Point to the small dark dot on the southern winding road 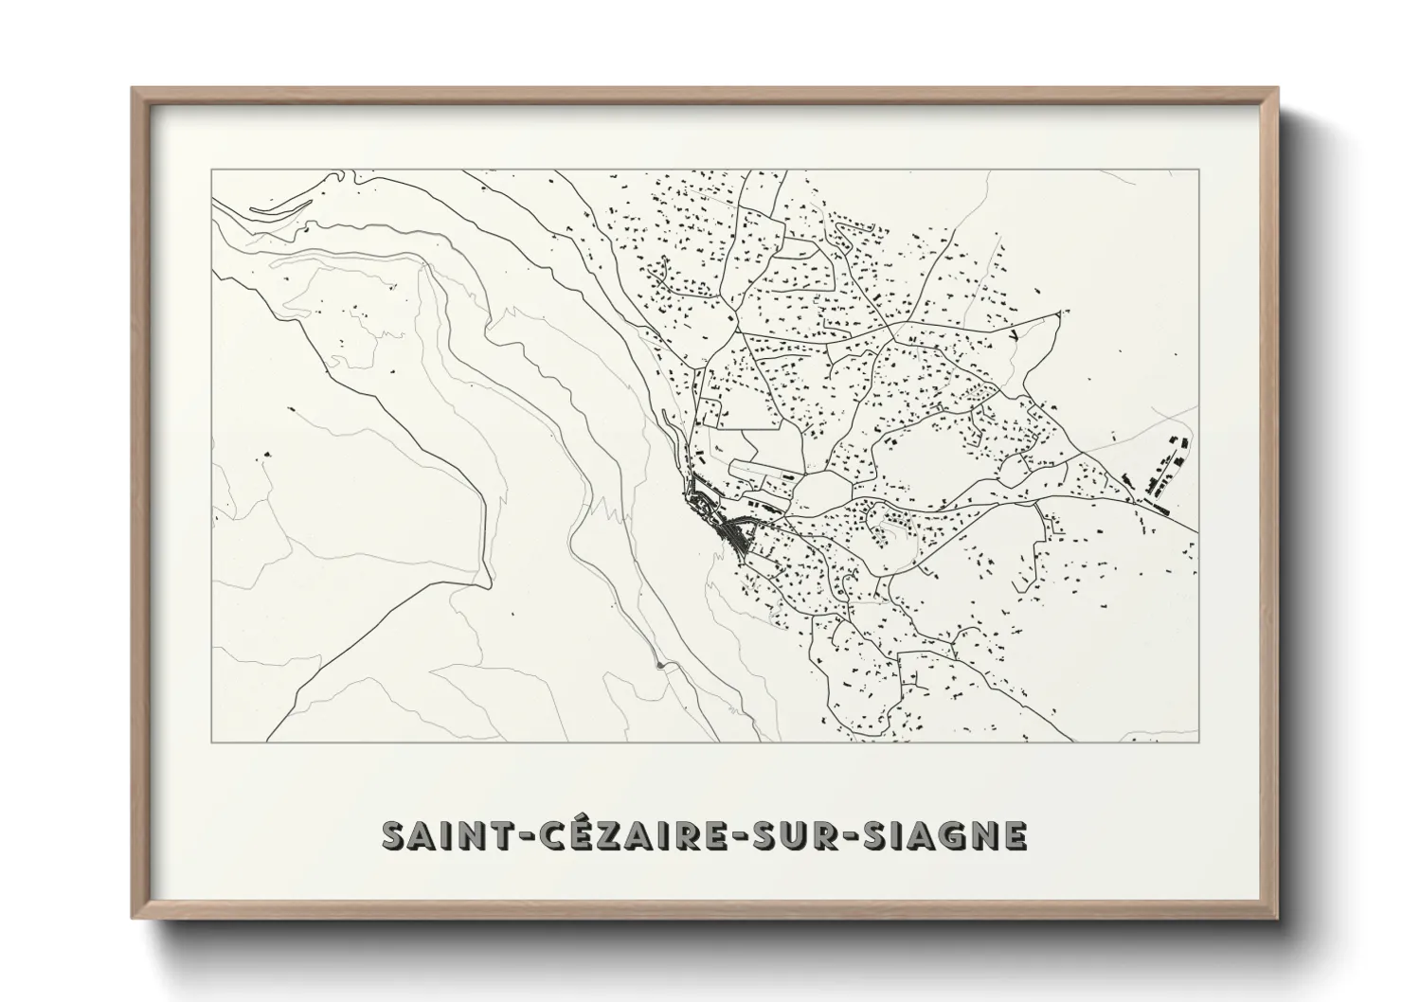[x=659, y=665]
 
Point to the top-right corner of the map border [x=1198, y=170]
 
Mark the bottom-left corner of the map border [x=211, y=742]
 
